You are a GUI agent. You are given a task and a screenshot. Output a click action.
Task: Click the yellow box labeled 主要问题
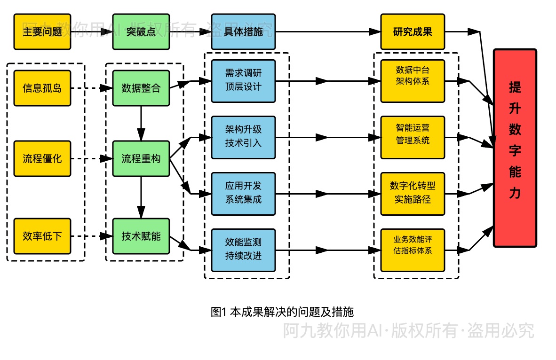(42, 32)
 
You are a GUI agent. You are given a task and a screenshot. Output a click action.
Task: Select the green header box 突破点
(141, 32)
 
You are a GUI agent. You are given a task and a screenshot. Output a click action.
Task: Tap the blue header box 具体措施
(243, 32)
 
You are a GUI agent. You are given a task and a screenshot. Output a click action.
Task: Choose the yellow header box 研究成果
(413, 32)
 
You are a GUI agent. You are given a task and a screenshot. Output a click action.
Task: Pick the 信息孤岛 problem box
(42, 88)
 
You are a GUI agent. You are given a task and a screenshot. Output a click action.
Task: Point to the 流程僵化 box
(42, 158)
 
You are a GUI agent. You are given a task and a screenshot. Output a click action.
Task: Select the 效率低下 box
(42, 236)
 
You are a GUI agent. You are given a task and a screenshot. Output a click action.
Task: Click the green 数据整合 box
(141, 88)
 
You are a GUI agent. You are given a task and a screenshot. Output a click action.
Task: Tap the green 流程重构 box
(141, 158)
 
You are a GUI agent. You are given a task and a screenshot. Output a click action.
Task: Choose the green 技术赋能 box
(141, 236)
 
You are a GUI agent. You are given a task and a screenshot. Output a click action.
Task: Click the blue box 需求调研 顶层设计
(243, 81)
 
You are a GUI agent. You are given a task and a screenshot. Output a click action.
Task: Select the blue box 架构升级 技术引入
(243, 137)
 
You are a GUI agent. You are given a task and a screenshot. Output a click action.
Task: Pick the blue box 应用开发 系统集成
(243, 193)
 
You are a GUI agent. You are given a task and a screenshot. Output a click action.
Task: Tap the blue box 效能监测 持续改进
(243, 250)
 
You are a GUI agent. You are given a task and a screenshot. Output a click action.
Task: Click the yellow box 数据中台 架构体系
(413, 81)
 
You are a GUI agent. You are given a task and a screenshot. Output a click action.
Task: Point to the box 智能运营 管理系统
(413, 137)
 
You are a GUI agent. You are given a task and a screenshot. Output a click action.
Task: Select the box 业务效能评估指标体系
(413, 250)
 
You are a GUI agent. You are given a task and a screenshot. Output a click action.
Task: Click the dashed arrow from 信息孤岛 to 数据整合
(91, 88)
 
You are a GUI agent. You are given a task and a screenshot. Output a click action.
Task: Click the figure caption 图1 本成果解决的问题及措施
(282, 312)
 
